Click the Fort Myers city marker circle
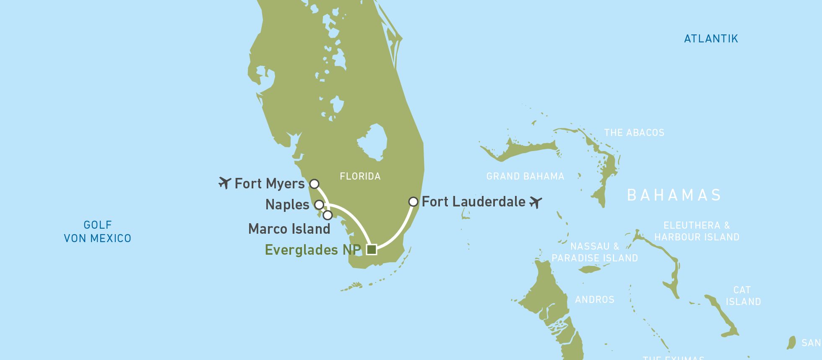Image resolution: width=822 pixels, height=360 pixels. point(314,184)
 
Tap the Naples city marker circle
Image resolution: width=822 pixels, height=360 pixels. point(319,205)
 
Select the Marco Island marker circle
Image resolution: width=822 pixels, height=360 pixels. point(328,215)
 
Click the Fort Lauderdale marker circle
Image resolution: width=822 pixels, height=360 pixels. point(413,202)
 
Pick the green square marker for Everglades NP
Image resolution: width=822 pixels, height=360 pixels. point(371,250)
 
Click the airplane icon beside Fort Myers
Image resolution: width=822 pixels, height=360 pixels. point(225,183)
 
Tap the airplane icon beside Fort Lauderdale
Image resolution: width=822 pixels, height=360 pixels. point(536,202)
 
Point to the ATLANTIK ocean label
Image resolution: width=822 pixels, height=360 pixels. point(711,39)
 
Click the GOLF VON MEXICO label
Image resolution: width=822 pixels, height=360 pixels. point(97,232)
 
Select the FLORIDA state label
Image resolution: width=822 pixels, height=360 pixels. point(360,176)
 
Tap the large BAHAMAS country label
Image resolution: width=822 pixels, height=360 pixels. point(674,195)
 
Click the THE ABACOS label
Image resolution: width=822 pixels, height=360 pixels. point(634,133)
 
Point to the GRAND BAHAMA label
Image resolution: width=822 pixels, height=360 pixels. point(525,176)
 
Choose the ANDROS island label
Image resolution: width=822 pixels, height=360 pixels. point(594,300)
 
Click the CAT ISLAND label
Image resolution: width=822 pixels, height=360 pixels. point(743,296)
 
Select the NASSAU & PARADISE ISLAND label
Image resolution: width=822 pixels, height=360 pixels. point(595,252)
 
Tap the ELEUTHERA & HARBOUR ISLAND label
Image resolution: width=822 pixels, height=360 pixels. point(697,231)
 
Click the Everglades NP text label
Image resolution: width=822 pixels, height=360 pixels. point(312,250)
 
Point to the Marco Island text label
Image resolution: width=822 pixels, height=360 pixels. point(289,229)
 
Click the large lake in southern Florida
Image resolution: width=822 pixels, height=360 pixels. point(373,142)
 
